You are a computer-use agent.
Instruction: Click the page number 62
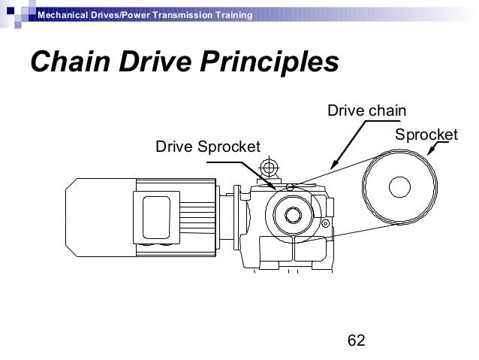click(x=356, y=340)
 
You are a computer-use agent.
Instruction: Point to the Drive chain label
click(x=366, y=111)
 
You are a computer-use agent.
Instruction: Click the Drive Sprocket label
click(x=207, y=145)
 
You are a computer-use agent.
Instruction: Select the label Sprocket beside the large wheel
click(x=426, y=135)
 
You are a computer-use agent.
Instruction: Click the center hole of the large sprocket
click(x=399, y=187)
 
